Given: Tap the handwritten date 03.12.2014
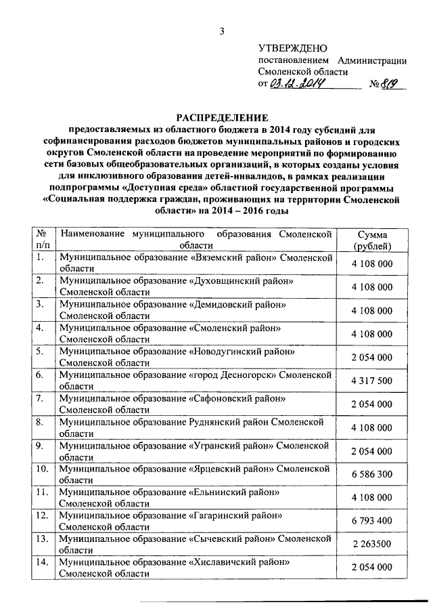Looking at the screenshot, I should click(x=298, y=84).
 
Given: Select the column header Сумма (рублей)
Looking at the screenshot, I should click(x=371, y=240).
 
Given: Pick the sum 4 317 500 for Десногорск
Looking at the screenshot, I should click(x=371, y=381).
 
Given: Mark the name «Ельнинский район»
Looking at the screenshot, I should click(x=234, y=492).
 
